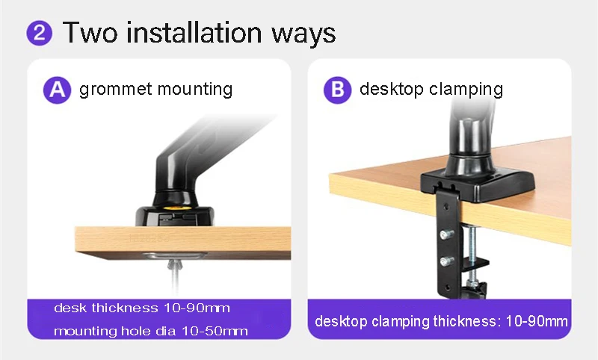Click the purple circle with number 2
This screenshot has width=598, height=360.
click(40, 33)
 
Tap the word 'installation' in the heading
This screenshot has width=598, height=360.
click(194, 32)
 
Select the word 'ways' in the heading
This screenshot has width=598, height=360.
click(303, 34)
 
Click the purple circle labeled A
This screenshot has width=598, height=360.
click(58, 90)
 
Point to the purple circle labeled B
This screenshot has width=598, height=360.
click(338, 90)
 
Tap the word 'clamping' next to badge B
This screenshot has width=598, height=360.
click(466, 90)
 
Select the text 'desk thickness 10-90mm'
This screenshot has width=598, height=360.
click(142, 308)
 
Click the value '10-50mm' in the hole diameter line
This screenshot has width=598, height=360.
click(215, 331)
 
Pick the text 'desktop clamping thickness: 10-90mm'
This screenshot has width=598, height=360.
click(441, 321)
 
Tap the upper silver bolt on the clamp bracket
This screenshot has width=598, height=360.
click(446, 234)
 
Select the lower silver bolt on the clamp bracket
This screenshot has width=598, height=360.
click(446, 261)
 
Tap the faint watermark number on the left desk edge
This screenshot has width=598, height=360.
click(148, 238)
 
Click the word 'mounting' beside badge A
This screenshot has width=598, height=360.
click(195, 90)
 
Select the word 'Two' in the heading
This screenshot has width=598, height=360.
click(90, 32)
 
